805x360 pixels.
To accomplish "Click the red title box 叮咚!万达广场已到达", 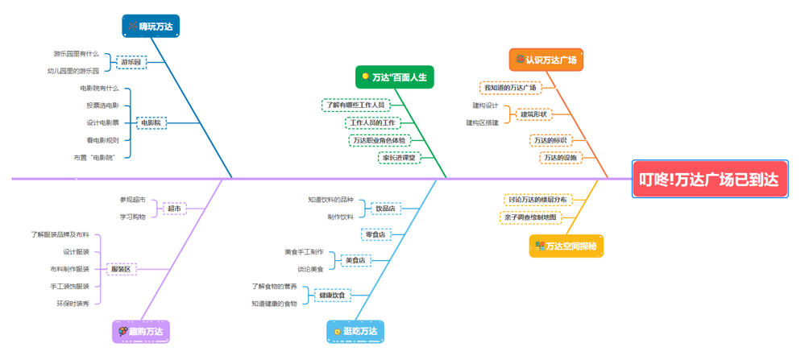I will tap(709, 179).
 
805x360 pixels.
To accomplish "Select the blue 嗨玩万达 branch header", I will tap(151, 27).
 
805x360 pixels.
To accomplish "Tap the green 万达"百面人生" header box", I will tap(395, 77).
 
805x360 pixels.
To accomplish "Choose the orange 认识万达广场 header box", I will tap(546, 60).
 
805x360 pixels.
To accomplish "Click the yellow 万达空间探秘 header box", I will tap(566, 246).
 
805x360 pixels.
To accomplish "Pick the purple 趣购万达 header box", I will tap(141, 331).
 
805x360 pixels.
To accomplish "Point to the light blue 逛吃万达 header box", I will tap(355, 331).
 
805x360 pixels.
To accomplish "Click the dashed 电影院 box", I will tap(151, 123).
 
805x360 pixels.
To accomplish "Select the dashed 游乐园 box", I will tap(131, 62).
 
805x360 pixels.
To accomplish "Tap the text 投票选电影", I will tap(103, 106).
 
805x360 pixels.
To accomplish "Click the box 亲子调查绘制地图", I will tap(530, 217).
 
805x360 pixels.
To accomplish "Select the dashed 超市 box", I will tap(174, 209).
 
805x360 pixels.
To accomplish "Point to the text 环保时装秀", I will tap(73, 304).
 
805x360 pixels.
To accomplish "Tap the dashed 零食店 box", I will tap(376, 234).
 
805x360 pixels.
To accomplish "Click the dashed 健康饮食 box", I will tap(332, 295).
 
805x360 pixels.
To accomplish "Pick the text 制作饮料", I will tap(340, 217).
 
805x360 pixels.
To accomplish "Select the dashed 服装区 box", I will tap(121, 269).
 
